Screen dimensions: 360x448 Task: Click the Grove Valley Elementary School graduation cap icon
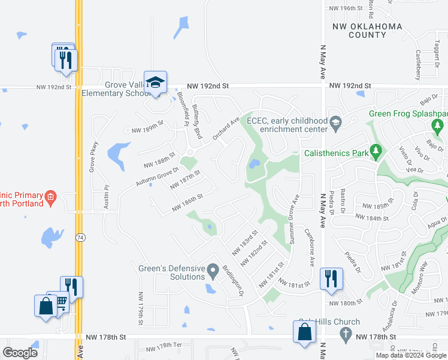pos(155,83)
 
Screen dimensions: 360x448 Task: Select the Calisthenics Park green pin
pos(376,152)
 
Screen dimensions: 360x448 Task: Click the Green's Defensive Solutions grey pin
pos(213,273)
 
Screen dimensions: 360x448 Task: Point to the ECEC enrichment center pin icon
pos(335,124)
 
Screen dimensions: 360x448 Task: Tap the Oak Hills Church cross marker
pos(344,333)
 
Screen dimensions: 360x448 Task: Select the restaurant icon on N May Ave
pos(329,278)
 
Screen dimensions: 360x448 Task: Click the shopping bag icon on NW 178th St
pos(304,332)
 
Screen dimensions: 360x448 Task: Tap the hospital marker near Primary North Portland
pos(51,196)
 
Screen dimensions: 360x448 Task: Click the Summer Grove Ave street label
pos(295,219)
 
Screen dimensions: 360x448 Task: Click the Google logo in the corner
pos(20,353)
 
